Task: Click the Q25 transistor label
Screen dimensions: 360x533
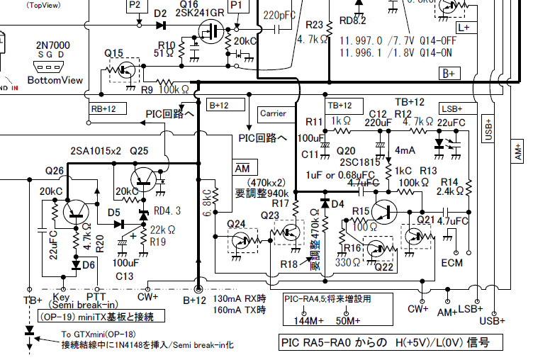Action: point(139,151)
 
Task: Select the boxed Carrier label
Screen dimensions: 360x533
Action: point(273,113)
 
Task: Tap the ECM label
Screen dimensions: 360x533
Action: point(451,263)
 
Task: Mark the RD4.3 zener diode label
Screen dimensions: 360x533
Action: point(167,210)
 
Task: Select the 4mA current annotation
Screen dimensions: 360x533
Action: point(405,150)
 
